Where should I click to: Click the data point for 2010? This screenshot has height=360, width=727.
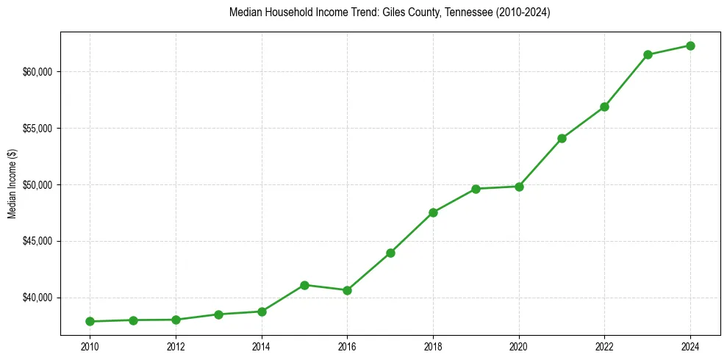pos(90,321)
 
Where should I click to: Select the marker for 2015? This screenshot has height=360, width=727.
pos(304,285)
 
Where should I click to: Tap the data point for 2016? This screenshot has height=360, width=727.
pos(347,290)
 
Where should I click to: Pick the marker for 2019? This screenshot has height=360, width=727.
pos(476,189)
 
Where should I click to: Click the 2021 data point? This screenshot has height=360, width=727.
pos(562,138)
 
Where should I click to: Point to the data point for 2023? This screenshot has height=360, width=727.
pos(648,54)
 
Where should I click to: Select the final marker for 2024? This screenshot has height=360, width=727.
pos(690,46)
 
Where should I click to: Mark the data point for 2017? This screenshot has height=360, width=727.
pos(390,253)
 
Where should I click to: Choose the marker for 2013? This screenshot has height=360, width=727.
pos(218,314)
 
